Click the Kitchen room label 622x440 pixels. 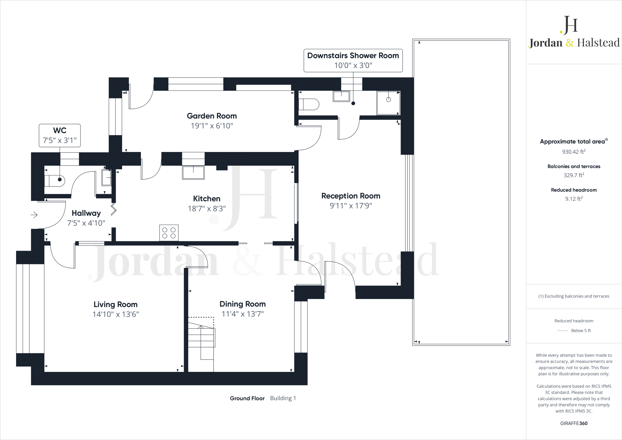tap(207, 199)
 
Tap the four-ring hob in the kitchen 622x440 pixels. tap(169, 233)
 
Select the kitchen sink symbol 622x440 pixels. tap(193, 173)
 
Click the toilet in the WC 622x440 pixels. tap(55, 180)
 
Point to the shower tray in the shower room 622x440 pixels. tap(388, 103)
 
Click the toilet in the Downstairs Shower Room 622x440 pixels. tap(309, 104)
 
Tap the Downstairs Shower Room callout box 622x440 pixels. tap(353, 60)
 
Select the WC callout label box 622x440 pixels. tap(60, 135)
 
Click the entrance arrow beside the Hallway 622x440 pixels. tap(34, 215)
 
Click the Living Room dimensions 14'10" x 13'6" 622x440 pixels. tap(115, 314)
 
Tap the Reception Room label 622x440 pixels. tap(351, 196)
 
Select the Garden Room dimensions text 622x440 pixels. tap(212, 126)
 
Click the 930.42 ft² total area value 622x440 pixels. tap(574, 152)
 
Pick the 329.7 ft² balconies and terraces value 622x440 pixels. tap(574, 175)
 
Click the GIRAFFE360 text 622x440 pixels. tap(574, 423)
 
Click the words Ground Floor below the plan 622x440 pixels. tap(247, 398)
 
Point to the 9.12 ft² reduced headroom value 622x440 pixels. tap(574, 199)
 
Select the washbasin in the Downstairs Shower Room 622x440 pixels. tap(341, 96)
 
